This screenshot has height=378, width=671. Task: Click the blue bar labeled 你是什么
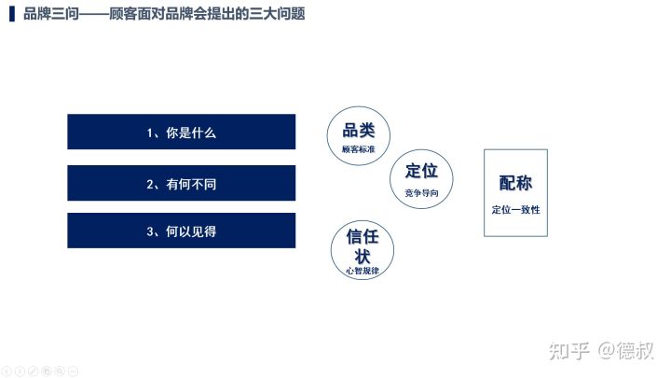pyautogui.click(x=182, y=132)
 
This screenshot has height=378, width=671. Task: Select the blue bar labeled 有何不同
pyautogui.click(x=182, y=183)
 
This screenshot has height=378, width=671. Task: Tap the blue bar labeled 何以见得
pyautogui.click(x=182, y=231)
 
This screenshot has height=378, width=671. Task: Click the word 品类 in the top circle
pyautogui.click(x=359, y=131)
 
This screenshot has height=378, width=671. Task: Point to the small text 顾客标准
pyautogui.click(x=359, y=149)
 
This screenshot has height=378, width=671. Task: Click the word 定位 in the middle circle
pyautogui.click(x=421, y=171)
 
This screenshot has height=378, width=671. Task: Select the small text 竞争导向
pyautogui.click(x=421, y=193)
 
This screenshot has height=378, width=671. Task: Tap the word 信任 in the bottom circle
pyautogui.click(x=363, y=236)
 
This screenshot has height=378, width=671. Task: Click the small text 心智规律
pyautogui.click(x=363, y=271)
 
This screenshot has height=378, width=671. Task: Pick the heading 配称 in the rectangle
pyautogui.click(x=515, y=183)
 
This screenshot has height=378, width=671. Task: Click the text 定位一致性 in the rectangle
pyautogui.click(x=515, y=210)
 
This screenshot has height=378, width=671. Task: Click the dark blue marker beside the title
pyautogui.click(x=12, y=14)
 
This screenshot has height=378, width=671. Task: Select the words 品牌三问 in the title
pyautogui.click(x=51, y=14)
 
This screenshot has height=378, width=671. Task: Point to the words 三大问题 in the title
pyautogui.click(x=277, y=14)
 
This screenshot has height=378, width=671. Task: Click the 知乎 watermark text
pyautogui.click(x=569, y=351)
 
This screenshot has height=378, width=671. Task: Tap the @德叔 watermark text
pyautogui.click(x=625, y=351)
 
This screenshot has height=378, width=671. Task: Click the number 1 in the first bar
pyautogui.click(x=150, y=133)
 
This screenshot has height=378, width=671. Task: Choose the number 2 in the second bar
pyautogui.click(x=150, y=184)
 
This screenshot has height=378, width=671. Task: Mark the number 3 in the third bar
pyautogui.click(x=150, y=231)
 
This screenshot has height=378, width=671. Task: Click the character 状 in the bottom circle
pyautogui.click(x=363, y=257)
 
